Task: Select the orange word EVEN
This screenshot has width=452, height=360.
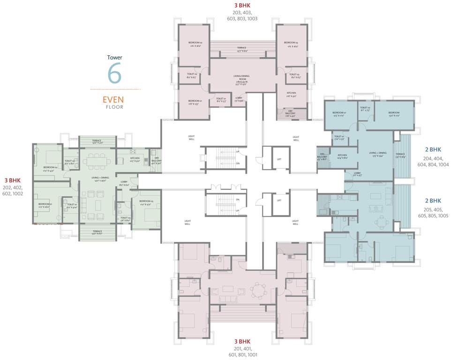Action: tap(113, 100)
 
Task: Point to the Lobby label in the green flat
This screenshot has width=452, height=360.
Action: tap(124, 183)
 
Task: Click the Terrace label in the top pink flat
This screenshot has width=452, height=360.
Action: tap(241, 48)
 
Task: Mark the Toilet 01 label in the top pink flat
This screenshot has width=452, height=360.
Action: tap(221, 100)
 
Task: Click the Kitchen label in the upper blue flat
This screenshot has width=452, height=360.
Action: tap(342, 156)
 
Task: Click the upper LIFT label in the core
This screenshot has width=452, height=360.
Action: tap(279, 160)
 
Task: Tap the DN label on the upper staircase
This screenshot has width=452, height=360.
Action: tap(238, 163)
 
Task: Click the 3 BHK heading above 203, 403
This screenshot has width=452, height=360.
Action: tap(241, 5)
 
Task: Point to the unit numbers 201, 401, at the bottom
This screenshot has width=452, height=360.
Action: tap(241, 348)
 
